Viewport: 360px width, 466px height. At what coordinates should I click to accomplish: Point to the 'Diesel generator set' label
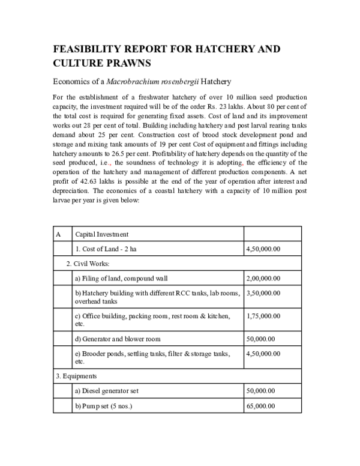(x=107, y=391)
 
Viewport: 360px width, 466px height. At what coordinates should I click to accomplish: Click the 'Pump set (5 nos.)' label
(x=103, y=406)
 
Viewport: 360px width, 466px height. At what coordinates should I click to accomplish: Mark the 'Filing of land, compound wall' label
(x=121, y=278)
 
